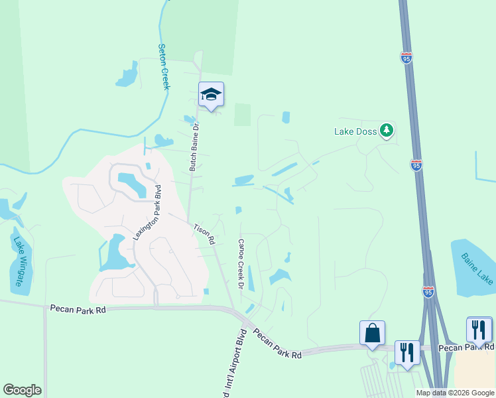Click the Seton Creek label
[x=164, y=66]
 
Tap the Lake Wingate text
[x=18, y=261]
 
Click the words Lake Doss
[x=355, y=131]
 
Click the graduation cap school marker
[x=211, y=95]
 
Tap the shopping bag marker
[x=372, y=333]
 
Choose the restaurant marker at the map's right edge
[x=479, y=330]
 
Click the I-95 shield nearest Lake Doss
[x=416, y=165]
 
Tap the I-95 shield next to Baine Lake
[x=429, y=292]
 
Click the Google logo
[x=22, y=390]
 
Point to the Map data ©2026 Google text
[x=455, y=393]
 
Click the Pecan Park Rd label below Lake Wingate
[x=78, y=308]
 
